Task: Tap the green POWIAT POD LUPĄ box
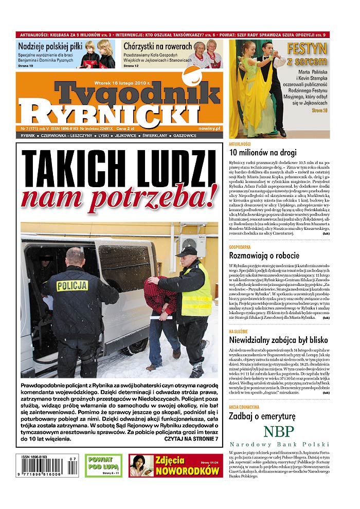click(x=103, y=465)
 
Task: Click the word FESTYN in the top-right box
click(x=307, y=49)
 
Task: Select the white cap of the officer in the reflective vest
click(x=186, y=251)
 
